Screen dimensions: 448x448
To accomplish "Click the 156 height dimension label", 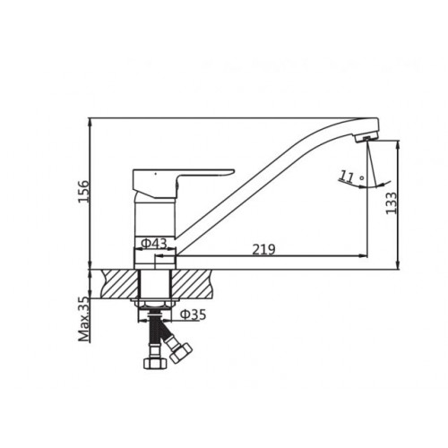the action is [x=83, y=192].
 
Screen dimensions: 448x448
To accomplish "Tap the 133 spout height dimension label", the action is [x=392, y=203].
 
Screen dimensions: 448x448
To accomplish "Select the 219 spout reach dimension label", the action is [x=263, y=250].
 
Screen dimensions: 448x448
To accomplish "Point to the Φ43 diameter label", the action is [x=153, y=244].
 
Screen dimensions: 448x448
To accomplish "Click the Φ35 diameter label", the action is [x=193, y=314].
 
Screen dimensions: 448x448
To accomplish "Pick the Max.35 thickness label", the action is [x=84, y=320].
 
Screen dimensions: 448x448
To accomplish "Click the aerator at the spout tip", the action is [x=366, y=138].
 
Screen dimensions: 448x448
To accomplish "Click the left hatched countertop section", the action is [x=120, y=283].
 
